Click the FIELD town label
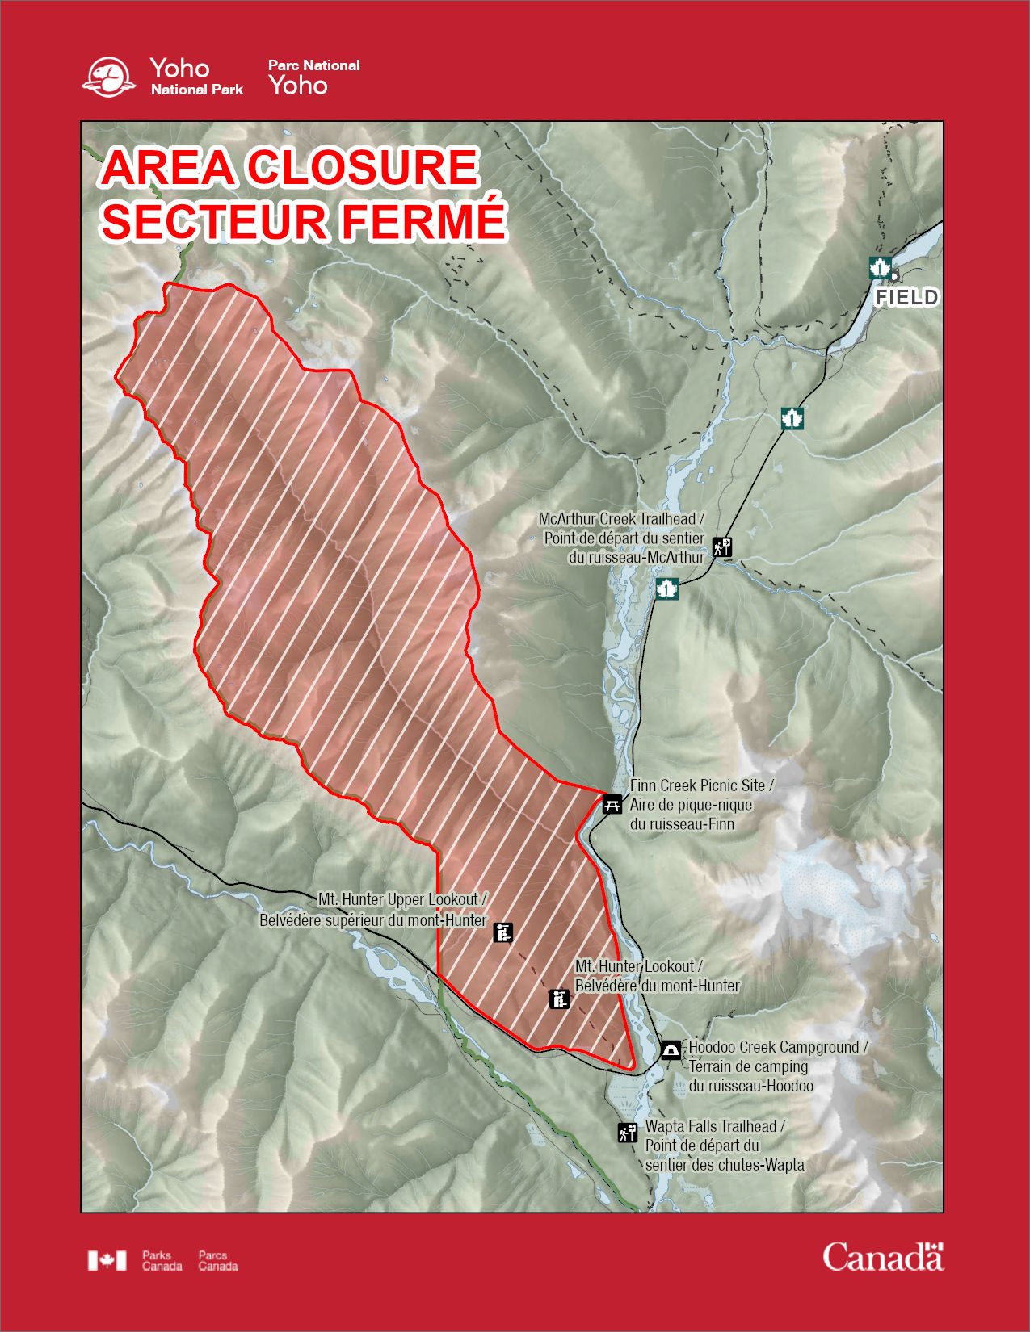pyautogui.click(x=906, y=297)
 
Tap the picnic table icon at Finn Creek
pyautogui.click(x=612, y=803)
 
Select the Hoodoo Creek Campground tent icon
pyautogui.click(x=671, y=1049)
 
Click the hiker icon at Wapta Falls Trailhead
pyautogui.click(x=627, y=1132)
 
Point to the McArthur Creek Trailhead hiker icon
pyautogui.click(x=721, y=547)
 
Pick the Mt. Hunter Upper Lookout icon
pyautogui.click(x=502, y=932)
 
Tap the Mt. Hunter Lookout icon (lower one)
pyautogui.click(x=559, y=999)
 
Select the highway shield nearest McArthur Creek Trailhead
pyautogui.click(x=666, y=588)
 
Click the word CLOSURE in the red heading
pyautogui.click(x=362, y=167)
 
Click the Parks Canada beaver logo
pyautogui.click(x=108, y=77)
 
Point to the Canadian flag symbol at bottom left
pyautogui.click(x=107, y=1260)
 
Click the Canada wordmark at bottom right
pyautogui.click(x=882, y=1257)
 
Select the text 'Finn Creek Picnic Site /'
pyautogui.click(x=701, y=785)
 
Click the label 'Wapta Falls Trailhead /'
pyautogui.click(x=714, y=1126)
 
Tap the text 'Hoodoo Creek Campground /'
pyautogui.click(x=778, y=1047)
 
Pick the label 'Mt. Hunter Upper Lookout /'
pyautogui.click(x=402, y=898)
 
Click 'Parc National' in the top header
pyautogui.click(x=313, y=65)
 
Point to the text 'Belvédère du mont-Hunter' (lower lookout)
pyautogui.click(x=657, y=985)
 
